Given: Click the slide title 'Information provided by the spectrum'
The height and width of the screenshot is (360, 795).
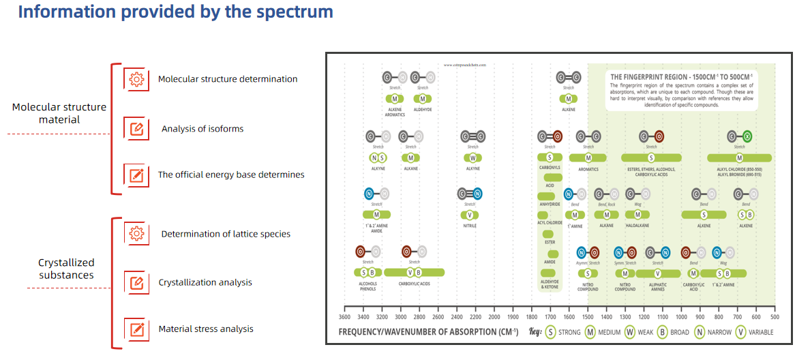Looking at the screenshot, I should click(x=175, y=12).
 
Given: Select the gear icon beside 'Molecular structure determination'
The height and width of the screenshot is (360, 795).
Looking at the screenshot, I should click(x=136, y=79).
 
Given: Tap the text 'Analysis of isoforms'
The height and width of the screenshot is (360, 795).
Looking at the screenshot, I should click(x=202, y=129).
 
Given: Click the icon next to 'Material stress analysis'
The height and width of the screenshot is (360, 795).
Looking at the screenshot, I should click(x=136, y=329).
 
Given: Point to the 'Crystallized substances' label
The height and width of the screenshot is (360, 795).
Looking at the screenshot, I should click(x=66, y=269).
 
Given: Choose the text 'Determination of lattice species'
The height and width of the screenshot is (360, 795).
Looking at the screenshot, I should click(x=226, y=234).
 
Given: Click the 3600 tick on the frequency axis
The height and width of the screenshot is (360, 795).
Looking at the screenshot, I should click(x=345, y=317).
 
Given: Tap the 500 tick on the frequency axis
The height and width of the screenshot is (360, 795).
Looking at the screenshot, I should click(x=775, y=317).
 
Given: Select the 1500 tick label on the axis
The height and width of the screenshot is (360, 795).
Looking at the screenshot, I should click(x=587, y=317).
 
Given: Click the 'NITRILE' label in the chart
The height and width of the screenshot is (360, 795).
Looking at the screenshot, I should click(x=470, y=226).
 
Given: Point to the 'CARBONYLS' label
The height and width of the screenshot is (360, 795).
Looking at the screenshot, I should click(x=550, y=168).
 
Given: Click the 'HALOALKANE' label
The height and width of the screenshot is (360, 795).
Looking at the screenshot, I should click(x=637, y=226).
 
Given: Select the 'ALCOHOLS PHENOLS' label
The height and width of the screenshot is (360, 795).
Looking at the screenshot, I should click(x=368, y=286).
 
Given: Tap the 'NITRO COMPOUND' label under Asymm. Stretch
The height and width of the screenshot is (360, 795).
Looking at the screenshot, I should click(x=587, y=286).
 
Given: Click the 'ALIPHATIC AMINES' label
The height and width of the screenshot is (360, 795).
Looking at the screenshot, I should click(x=658, y=286).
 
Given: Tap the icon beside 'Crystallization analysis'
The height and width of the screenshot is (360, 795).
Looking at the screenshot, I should click(x=136, y=282).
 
